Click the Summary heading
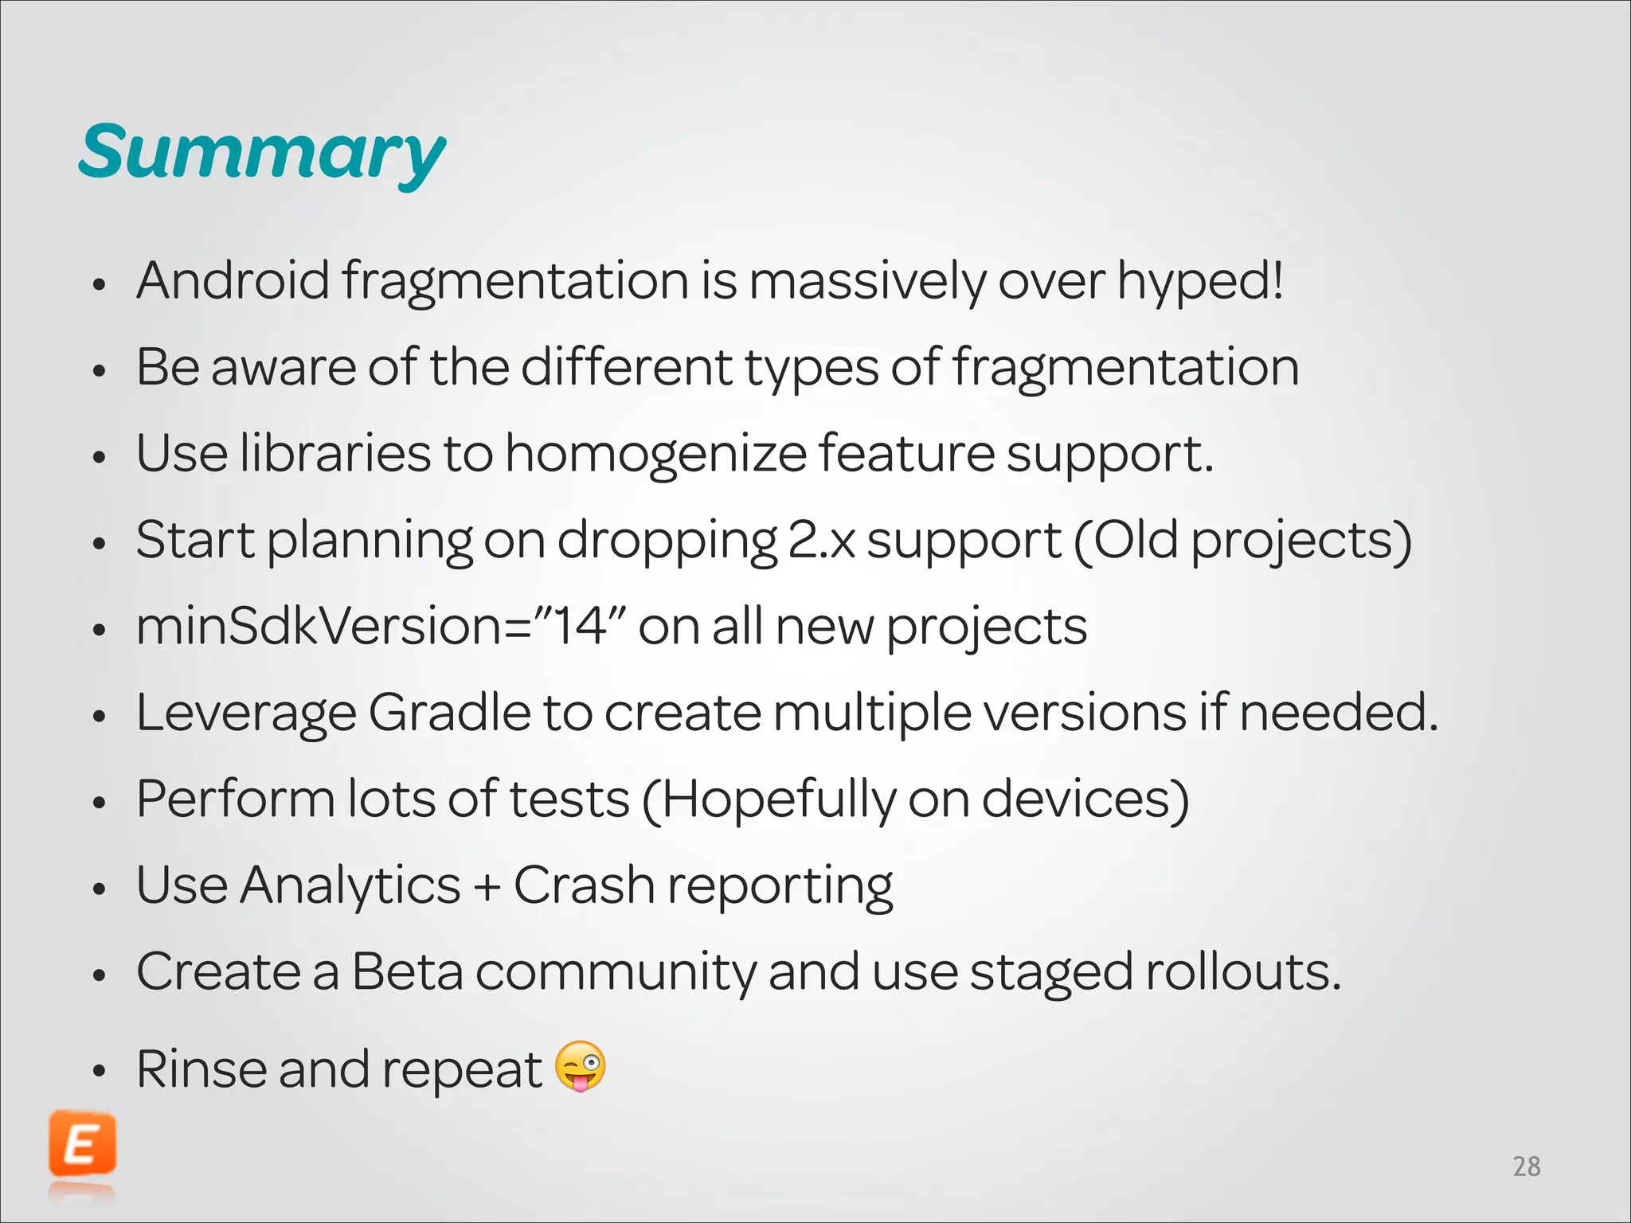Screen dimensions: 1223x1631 [262, 153]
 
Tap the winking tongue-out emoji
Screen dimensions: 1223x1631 [580, 1065]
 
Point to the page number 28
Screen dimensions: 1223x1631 [1526, 1166]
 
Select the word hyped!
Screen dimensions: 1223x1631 [1200, 282]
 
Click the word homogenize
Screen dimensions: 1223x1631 [655, 454]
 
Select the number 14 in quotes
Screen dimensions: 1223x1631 [581, 626]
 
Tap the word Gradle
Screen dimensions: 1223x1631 [449, 712]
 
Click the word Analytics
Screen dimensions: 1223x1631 [350, 885]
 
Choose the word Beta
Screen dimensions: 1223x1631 [407, 971]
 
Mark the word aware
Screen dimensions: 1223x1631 [283, 367]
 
